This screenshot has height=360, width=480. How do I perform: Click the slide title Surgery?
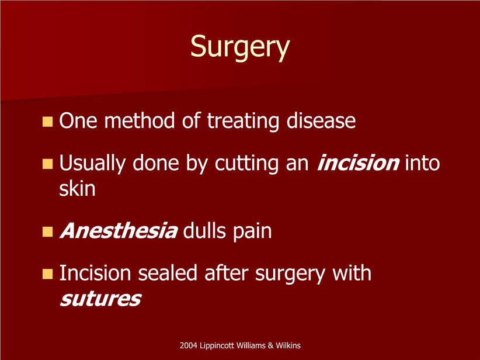239,47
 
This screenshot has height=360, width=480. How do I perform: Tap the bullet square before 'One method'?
47,122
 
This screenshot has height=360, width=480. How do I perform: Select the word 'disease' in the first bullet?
321,120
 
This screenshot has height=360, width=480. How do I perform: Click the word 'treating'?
243,122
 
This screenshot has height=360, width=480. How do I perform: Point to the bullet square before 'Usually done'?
47,164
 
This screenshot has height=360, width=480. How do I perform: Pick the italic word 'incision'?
357,162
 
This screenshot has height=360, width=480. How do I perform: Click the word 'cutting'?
246,163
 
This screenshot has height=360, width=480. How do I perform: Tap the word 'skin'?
77,188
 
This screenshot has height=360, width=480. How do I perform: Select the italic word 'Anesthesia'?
119,230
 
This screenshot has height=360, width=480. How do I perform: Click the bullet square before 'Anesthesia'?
47,231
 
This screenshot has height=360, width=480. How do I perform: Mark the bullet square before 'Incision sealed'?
47,274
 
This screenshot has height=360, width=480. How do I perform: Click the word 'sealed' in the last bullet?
168,273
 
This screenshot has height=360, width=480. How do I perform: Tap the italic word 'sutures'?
100,299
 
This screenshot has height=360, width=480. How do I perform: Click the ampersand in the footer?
270,345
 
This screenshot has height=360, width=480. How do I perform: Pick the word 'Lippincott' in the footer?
217,346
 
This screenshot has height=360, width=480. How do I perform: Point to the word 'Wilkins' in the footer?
288,345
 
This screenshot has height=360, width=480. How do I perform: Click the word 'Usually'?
92,164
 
